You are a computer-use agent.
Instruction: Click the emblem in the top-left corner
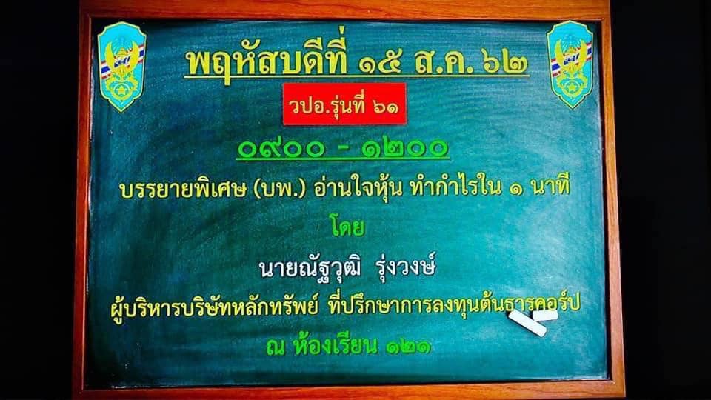(x=121, y=66)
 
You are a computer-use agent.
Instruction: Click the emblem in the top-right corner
(x=571, y=65)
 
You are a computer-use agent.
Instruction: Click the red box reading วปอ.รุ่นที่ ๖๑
(x=344, y=104)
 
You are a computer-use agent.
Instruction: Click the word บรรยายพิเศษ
(x=181, y=189)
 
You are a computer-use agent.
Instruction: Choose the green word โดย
(x=347, y=227)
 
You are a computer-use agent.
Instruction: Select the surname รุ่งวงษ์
(x=407, y=266)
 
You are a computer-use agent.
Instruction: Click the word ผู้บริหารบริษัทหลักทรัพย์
(x=214, y=307)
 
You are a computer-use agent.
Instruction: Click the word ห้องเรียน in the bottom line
(x=335, y=345)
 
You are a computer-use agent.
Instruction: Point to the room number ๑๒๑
(x=408, y=347)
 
